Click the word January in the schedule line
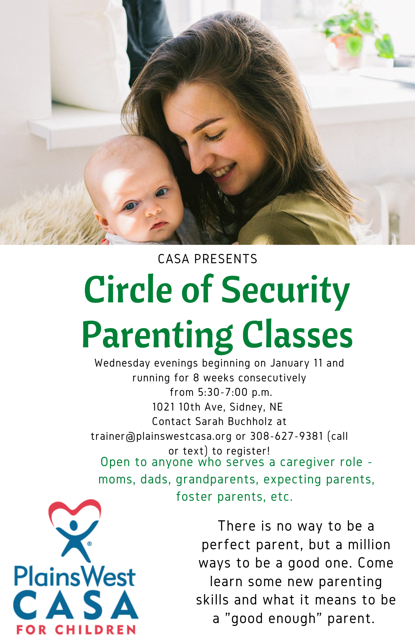coord(290,363)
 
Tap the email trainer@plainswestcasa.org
coord(161,436)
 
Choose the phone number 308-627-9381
coord(286,436)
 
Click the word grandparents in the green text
coord(216,480)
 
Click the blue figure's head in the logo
coord(74,525)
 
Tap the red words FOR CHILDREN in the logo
coord(76,630)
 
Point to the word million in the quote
coord(369,545)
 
